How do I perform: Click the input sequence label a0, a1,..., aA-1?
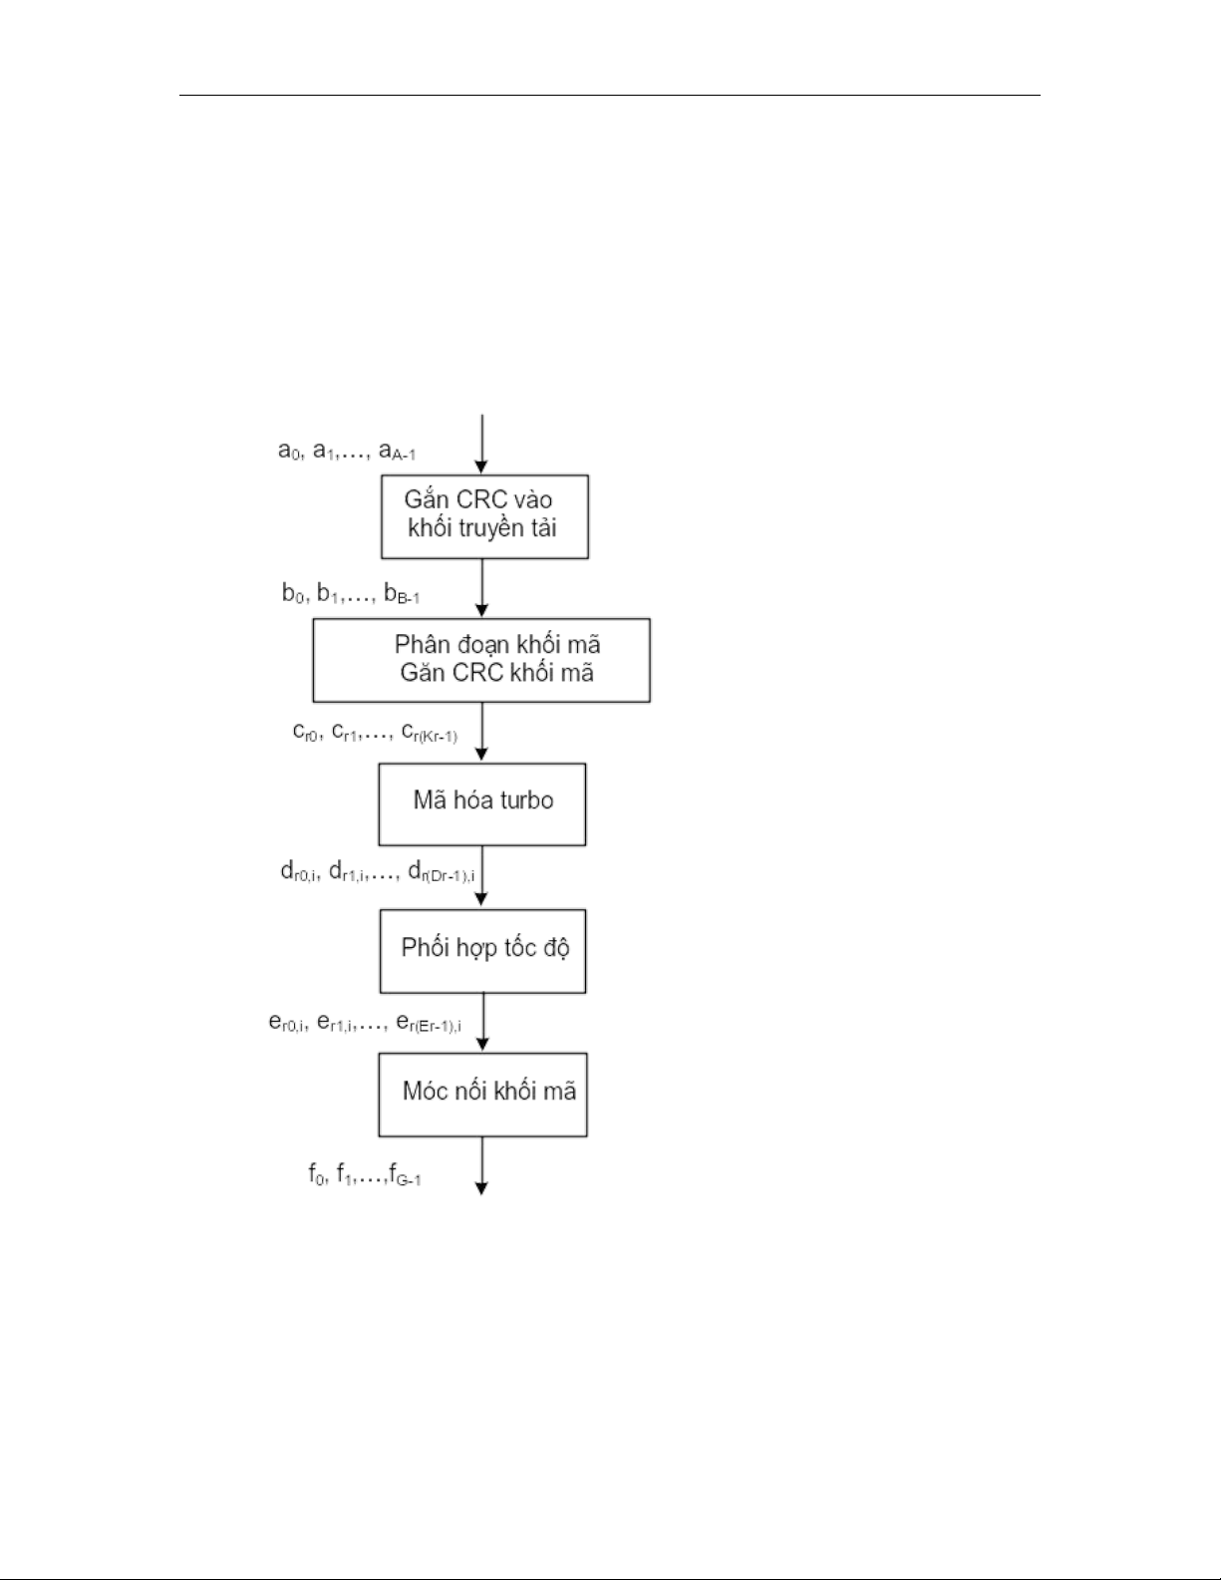[x=347, y=452]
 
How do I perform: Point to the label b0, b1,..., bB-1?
[x=351, y=594]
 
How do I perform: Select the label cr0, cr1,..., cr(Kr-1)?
[x=375, y=733]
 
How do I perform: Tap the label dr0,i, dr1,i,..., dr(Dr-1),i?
[x=378, y=872]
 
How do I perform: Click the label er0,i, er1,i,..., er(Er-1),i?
[x=366, y=1024]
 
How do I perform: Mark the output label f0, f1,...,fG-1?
[x=365, y=1175]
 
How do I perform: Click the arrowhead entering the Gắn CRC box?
[x=481, y=468]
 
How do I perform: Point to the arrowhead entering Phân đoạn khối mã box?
[x=481, y=610]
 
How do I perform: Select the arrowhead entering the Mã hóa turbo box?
[x=481, y=755]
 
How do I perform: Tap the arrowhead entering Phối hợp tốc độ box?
[x=481, y=899]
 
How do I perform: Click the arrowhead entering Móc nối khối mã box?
[x=482, y=1044]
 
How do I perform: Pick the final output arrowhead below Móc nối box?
[x=481, y=1189]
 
